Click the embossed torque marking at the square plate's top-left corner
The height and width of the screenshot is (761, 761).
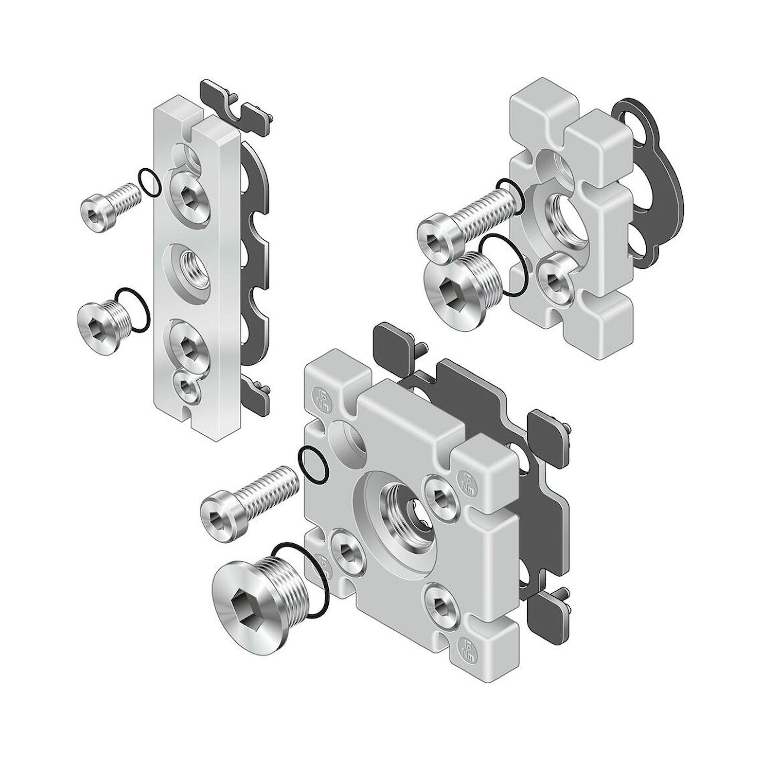(x=320, y=395)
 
